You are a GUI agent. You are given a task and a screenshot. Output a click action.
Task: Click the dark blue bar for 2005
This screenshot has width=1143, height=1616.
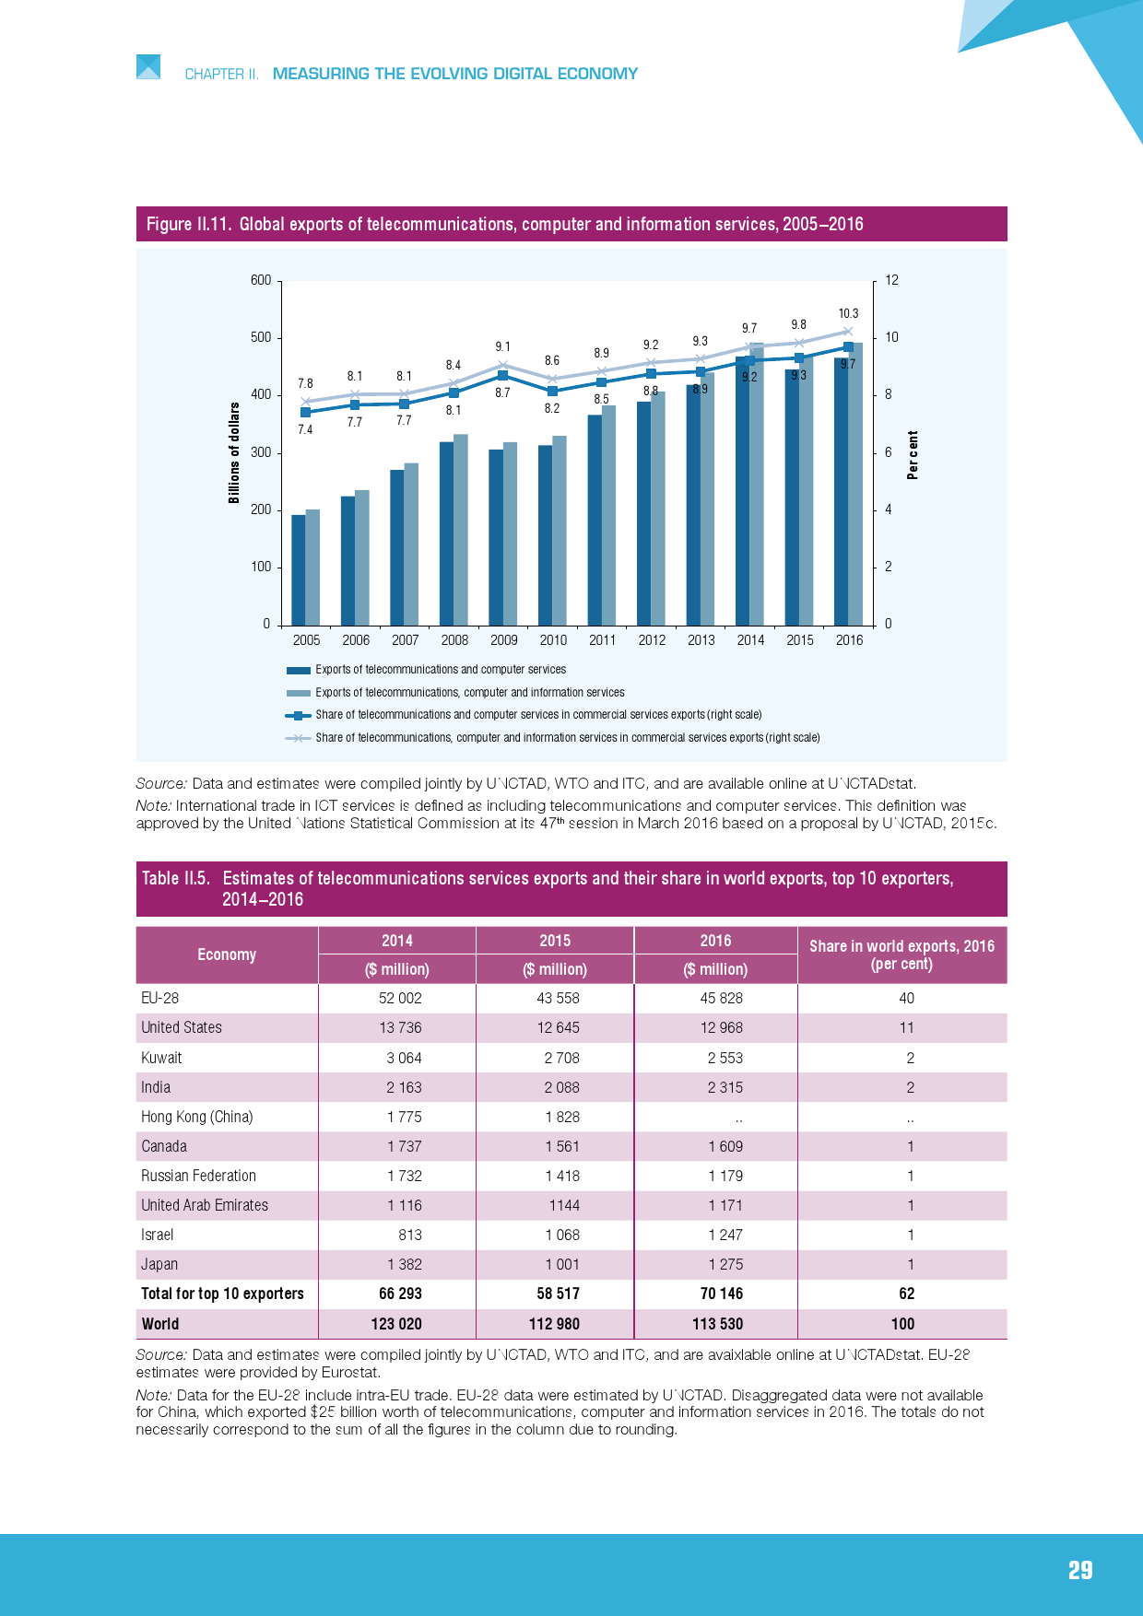click(299, 569)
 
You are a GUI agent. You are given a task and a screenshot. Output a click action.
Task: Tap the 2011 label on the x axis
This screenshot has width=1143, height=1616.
click(602, 640)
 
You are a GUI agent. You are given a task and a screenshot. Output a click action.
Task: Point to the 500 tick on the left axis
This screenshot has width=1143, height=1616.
click(261, 337)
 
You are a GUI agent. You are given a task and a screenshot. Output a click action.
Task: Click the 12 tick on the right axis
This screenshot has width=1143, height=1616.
click(891, 280)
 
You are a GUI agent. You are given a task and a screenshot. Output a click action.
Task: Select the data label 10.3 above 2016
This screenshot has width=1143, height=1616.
click(848, 313)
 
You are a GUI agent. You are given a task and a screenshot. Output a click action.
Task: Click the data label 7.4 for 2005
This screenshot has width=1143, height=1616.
click(305, 429)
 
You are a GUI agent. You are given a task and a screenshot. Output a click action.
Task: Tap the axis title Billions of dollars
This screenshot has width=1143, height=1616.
click(234, 452)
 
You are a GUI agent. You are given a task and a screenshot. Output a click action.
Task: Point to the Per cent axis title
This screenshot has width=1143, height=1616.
click(913, 455)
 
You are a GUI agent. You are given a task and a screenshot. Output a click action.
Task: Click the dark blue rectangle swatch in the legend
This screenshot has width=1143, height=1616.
click(298, 670)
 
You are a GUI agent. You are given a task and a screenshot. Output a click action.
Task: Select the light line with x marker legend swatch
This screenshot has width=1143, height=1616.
click(298, 738)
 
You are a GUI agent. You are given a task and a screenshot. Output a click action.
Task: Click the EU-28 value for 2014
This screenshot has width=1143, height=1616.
click(400, 998)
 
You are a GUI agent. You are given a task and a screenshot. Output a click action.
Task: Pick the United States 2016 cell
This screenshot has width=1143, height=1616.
click(721, 1027)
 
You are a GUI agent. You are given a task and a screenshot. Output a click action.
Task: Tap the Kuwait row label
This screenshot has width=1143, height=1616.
click(161, 1058)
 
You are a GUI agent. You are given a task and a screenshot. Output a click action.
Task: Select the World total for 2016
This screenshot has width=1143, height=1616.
click(717, 1324)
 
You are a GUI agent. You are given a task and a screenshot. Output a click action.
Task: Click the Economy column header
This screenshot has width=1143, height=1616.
click(227, 954)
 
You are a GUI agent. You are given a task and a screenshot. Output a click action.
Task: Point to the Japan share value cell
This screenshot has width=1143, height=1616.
click(910, 1264)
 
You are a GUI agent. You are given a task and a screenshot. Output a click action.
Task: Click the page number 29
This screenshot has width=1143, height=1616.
click(1080, 1570)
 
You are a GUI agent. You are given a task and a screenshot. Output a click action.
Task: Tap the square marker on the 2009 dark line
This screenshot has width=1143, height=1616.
click(502, 376)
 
